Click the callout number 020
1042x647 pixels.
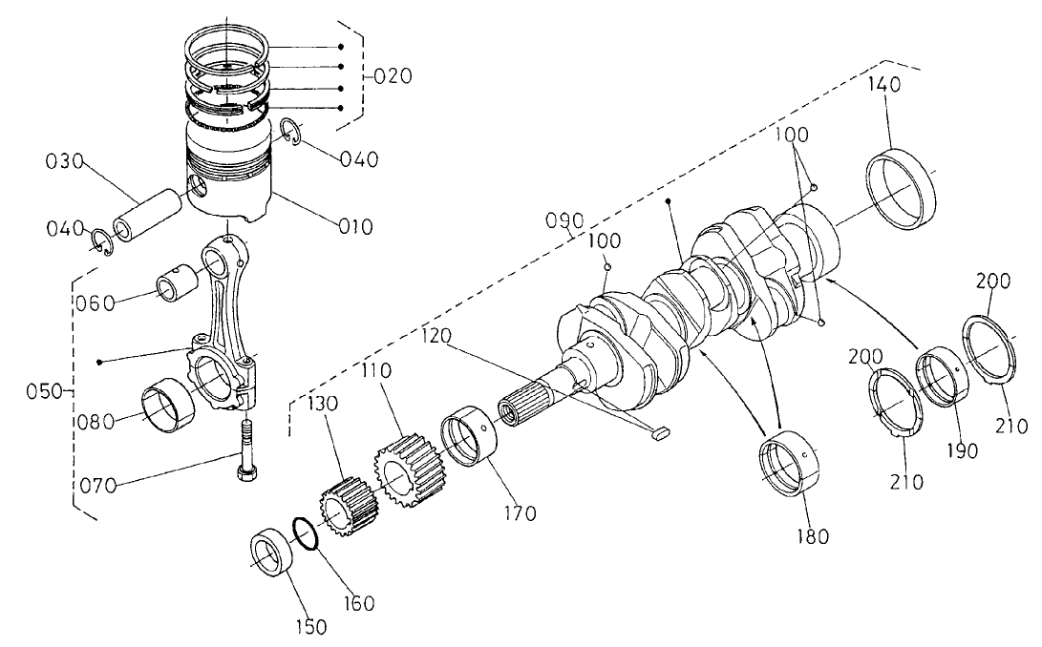[392, 76]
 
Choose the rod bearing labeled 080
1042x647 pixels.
[168, 408]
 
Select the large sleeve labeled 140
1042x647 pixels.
[902, 190]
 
